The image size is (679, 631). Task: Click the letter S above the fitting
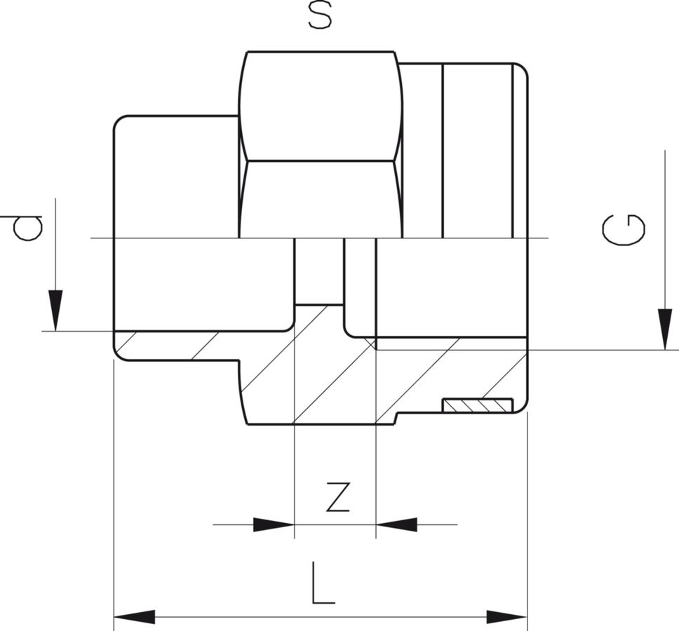(320, 16)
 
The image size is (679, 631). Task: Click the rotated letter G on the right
(624, 230)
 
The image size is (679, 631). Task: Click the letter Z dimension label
(337, 497)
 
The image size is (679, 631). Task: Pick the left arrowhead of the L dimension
(135, 617)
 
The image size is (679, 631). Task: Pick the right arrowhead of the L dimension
(506, 617)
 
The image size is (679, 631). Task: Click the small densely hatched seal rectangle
(478, 405)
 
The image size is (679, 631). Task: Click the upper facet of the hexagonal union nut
(321, 105)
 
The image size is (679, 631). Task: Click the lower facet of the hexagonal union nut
(321, 199)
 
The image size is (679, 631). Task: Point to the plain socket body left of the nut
(175, 175)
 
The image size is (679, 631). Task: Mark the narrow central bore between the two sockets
(319, 271)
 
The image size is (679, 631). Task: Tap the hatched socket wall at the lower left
(175, 346)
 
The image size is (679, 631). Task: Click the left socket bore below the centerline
(203, 284)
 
